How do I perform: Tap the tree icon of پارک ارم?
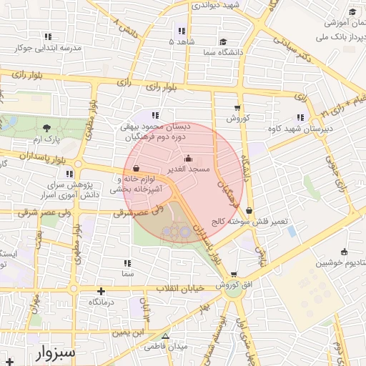[47, 127]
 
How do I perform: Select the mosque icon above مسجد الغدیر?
[188, 159]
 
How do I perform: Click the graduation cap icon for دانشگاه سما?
[223, 41]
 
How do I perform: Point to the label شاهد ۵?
[181, 42]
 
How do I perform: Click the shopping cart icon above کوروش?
[237, 108]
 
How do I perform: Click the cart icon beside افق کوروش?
[234, 274]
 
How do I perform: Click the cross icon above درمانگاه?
[102, 291]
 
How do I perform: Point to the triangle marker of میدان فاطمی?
[166, 336]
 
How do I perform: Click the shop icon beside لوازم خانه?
[136, 169]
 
